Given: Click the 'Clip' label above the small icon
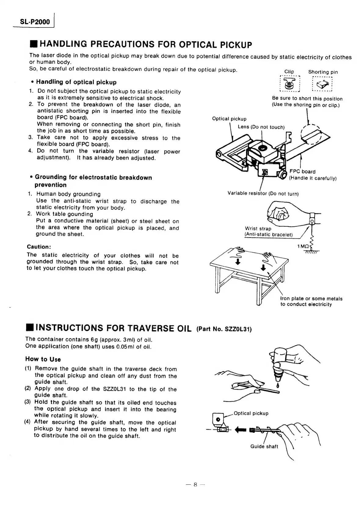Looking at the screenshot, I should click(289, 72).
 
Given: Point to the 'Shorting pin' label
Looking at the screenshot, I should click(323, 72).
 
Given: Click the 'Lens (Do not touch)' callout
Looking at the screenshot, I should click(261, 127).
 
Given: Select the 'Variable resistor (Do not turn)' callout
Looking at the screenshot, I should click(263, 193).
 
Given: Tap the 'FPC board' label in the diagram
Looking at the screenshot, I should click(302, 171).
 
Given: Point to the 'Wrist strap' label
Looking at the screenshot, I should click(258, 229).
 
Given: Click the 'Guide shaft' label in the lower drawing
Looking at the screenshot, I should click(264, 446).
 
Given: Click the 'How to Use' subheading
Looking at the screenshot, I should click(43, 359).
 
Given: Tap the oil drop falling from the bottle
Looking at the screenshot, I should click(277, 385).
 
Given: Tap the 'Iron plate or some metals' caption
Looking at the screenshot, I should click(311, 299).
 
